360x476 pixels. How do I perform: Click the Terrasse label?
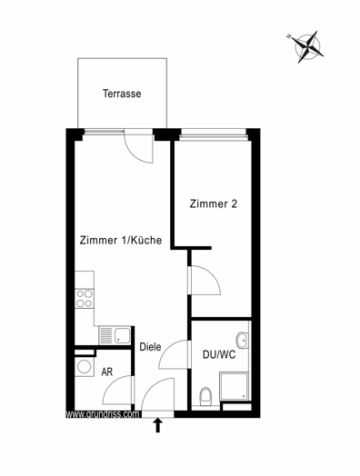pos(122,94)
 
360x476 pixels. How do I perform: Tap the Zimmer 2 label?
pos(214,203)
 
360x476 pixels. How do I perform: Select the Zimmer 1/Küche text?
pos(121,240)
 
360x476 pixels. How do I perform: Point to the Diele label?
pos(150,347)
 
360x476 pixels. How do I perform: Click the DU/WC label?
pos(219,354)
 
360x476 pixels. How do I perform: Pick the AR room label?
pos(107,372)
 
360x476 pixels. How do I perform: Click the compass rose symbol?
pos(306,46)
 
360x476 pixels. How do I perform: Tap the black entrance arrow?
pos(157,425)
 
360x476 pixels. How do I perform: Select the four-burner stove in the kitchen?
pos(85,299)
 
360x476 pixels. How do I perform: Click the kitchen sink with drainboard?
pos(115,335)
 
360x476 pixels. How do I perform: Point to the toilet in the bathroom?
pos(205,396)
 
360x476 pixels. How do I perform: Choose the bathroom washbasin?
pos(243,341)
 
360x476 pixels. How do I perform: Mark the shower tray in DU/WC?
pos(234,386)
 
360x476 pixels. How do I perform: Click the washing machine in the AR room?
pos(85,366)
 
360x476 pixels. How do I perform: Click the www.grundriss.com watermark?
pos(103,414)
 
